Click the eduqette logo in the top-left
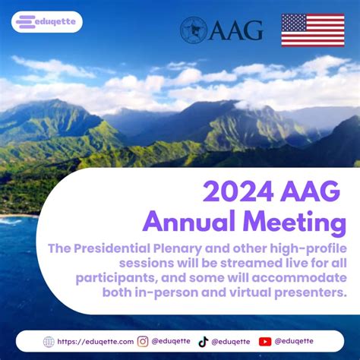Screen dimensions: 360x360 (47, 22)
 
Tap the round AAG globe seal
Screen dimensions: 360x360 (194, 30)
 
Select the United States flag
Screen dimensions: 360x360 (312, 30)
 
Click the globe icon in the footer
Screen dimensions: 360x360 (49, 342)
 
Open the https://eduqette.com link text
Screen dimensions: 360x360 (95, 342)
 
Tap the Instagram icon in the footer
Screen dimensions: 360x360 (143, 342)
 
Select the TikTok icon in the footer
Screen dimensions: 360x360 (203, 342)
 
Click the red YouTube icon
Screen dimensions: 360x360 (265, 342)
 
